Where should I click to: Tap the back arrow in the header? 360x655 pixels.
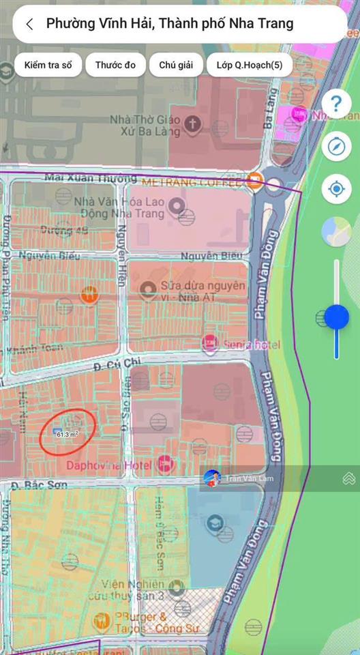click(x=29, y=24)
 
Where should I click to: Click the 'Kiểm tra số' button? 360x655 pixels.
click(x=48, y=65)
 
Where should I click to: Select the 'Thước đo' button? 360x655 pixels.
click(x=115, y=65)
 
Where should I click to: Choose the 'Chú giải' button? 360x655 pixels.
click(x=176, y=65)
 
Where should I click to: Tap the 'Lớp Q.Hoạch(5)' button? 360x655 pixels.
click(x=250, y=65)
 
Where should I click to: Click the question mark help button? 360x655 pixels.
click(x=336, y=104)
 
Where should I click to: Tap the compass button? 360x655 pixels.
click(x=336, y=147)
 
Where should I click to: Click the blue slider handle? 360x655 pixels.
click(x=337, y=317)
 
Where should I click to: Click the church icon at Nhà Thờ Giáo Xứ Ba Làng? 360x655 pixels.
click(x=194, y=123)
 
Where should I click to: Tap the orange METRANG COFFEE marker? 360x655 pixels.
click(x=255, y=181)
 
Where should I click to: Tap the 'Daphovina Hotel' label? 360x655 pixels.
click(x=110, y=465)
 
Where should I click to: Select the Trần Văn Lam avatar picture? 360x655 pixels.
click(x=212, y=478)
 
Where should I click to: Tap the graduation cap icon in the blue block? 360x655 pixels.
click(x=214, y=523)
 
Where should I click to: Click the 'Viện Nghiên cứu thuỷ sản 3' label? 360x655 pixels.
click(x=133, y=591)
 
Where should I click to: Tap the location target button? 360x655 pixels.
click(x=336, y=189)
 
